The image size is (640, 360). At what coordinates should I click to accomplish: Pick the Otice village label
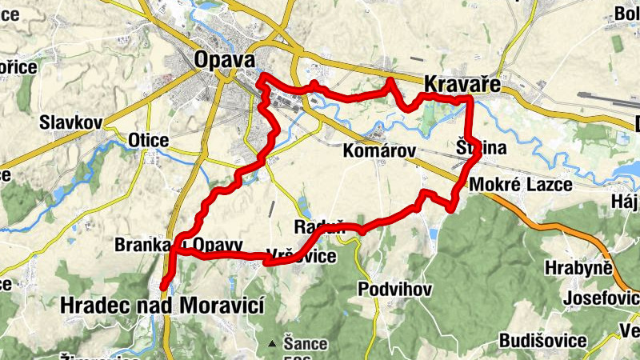148,141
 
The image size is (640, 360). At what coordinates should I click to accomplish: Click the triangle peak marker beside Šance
273,344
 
